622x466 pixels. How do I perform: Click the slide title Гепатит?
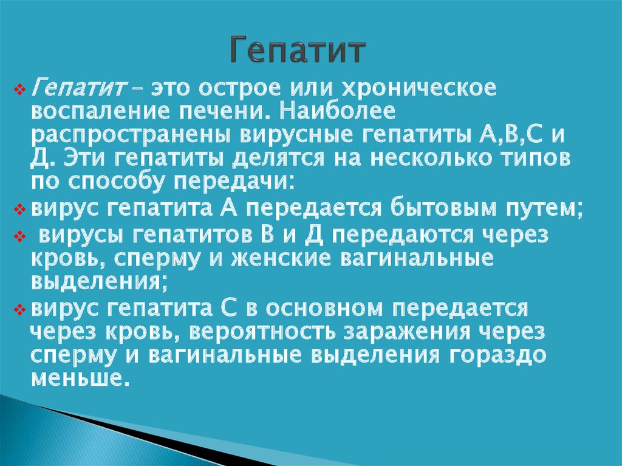coord(297,50)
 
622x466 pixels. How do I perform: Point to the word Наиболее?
coord(337,112)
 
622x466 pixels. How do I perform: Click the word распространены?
coord(132,135)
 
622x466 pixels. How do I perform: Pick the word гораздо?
coord(498,355)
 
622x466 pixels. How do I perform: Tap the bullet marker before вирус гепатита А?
coord(19,209)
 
